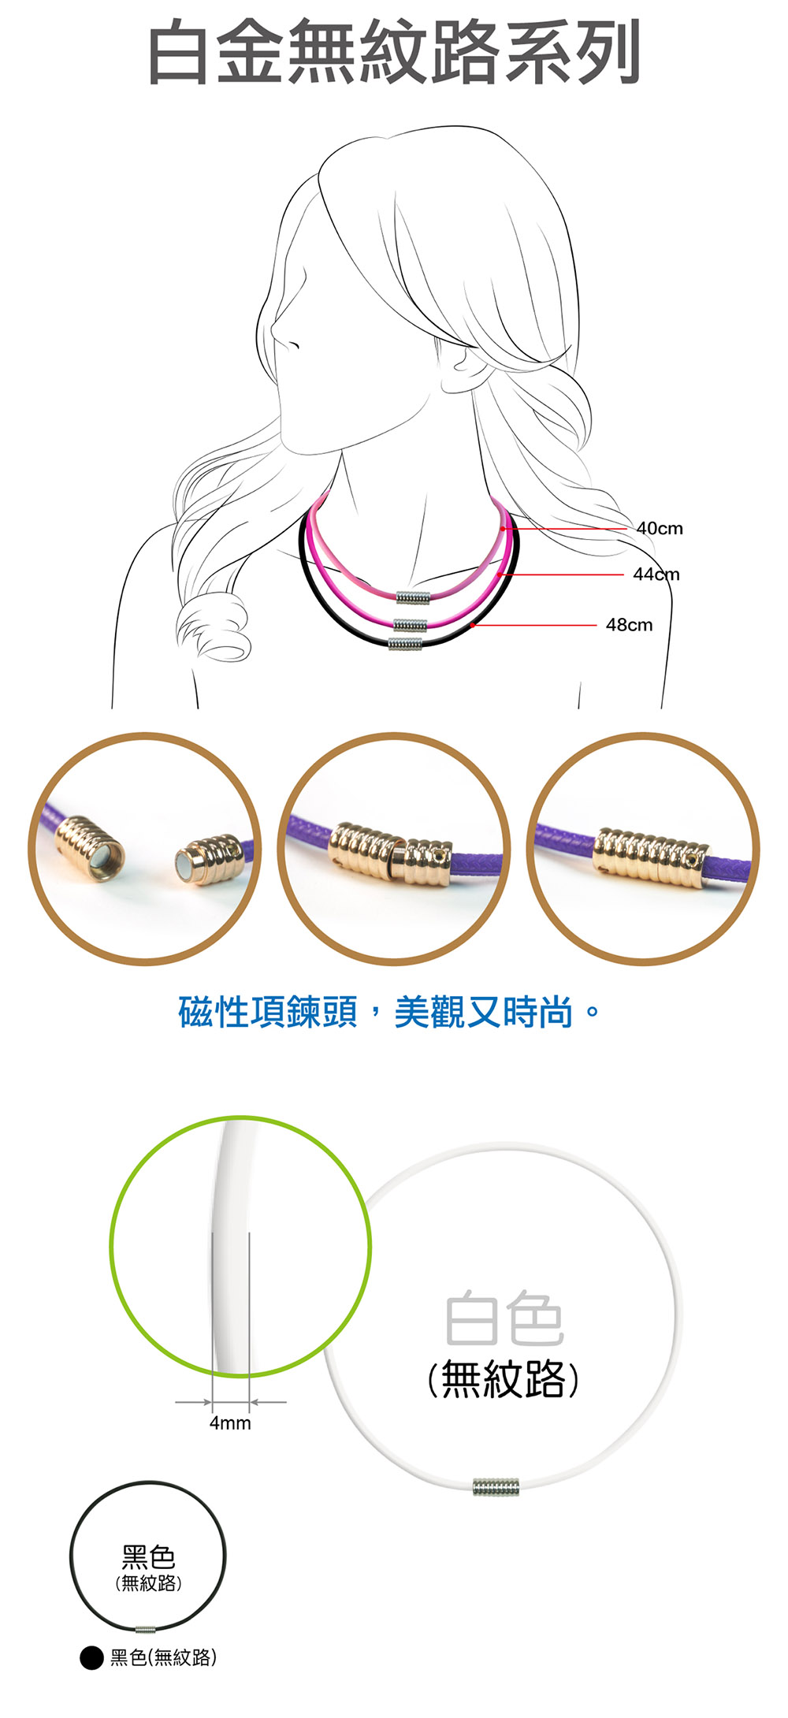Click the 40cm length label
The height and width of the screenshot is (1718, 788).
click(x=660, y=528)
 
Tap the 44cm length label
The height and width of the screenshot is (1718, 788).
click(x=656, y=575)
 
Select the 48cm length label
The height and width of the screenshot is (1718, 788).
click(x=629, y=625)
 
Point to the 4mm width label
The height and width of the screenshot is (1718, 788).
click(x=230, y=1423)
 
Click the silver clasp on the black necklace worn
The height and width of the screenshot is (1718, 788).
click(x=405, y=643)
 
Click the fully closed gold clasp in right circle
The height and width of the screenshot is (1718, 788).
click(x=651, y=858)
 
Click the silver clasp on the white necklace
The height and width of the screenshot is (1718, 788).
click(x=496, y=1488)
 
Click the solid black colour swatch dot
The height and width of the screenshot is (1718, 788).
click(x=91, y=1658)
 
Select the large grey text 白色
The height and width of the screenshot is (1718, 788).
click(x=504, y=1319)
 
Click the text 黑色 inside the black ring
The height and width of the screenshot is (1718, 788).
click(x=148, y=1557)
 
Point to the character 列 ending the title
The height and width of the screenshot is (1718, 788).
click(x=608, y=53)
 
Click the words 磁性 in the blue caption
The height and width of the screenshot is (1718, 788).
click(x=214, y=1012)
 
